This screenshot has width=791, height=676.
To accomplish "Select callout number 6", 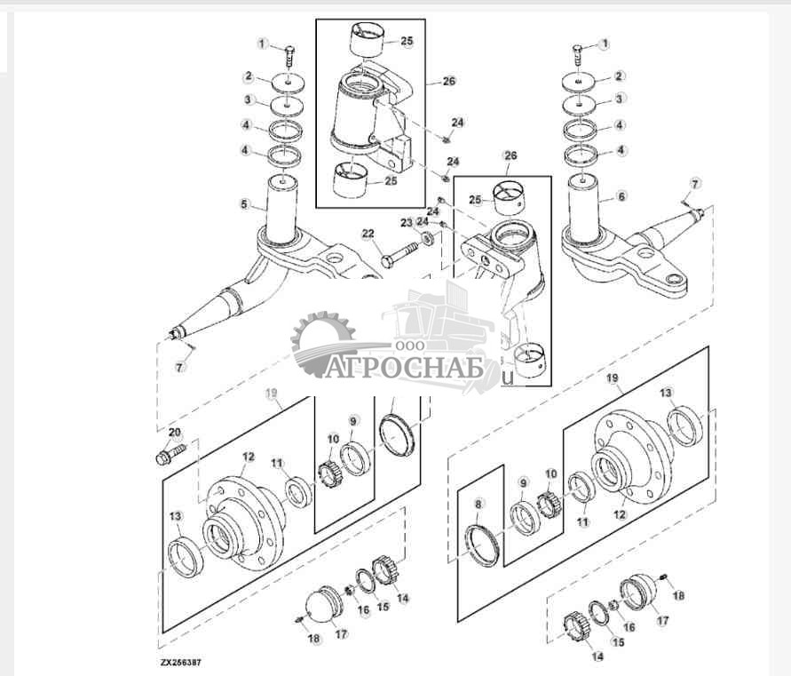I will pyautogui.click(x=621, y=195).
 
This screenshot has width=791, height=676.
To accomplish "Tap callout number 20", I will pyautogui.click(x=174, y=433).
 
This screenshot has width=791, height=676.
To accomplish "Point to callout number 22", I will pyautogui.click(x=367, y=234).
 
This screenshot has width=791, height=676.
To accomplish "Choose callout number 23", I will pyautogui.click(x=406, y=223).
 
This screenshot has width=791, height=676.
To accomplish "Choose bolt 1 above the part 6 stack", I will pyautogui.click(x=579, y=53).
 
